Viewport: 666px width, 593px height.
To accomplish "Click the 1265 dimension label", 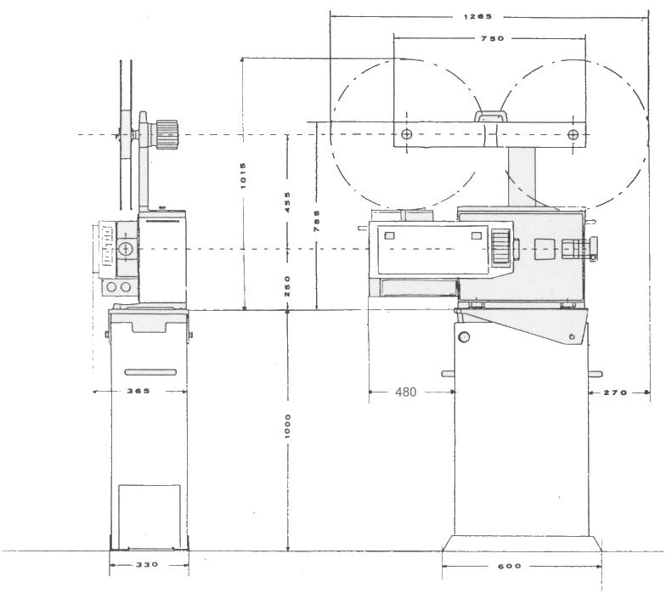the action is (x=477, y=17).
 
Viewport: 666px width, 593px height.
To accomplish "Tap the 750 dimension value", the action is (x=493, y=39).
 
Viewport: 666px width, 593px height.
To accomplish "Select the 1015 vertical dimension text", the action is (x=243, y=175).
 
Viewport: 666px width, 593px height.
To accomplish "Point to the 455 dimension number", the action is (x=287, y=202).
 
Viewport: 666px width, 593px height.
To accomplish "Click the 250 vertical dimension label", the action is (x=287, y=285).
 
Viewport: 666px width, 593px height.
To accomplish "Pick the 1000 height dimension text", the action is (x=287, y=426).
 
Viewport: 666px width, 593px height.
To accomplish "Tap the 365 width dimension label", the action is (x=138, y=391).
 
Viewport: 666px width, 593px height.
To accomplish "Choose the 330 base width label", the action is (x=148, y=564).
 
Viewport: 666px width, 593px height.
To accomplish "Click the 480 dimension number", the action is (x=406, y=393).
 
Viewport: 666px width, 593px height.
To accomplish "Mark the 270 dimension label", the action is (x=615, y=393).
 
